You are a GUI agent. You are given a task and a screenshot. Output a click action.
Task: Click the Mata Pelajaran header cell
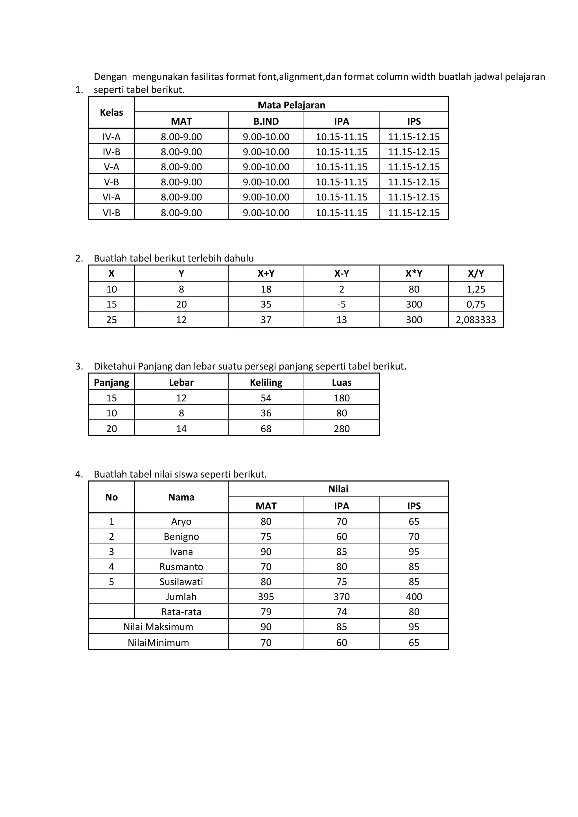[291, 105]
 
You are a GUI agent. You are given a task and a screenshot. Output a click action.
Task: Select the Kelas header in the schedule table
[111, 113]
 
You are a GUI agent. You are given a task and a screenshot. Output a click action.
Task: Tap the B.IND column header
[266, 121]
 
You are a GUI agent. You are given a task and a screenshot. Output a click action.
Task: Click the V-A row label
[111, 167]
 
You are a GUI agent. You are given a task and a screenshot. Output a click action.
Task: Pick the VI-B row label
[111, 213]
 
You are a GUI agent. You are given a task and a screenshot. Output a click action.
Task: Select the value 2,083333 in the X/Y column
[476, 320]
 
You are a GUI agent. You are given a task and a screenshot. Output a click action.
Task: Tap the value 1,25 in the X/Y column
[476, 289]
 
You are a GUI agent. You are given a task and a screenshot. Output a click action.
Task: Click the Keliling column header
[266, 382]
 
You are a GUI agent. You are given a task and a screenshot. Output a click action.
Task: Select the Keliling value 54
[266, 398]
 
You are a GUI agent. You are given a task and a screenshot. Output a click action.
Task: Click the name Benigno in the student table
[181, 536]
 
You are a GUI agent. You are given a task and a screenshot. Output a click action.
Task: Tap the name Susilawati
[181, 581]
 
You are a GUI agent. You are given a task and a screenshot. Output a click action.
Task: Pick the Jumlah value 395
[266, 596]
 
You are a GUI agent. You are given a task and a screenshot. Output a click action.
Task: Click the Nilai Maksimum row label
[158, 627]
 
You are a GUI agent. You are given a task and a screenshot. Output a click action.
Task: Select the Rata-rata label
[181, 612]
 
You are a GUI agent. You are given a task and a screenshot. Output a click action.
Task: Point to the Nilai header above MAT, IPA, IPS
[338, 489]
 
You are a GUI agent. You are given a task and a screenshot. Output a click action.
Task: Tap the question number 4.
[79, 474]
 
